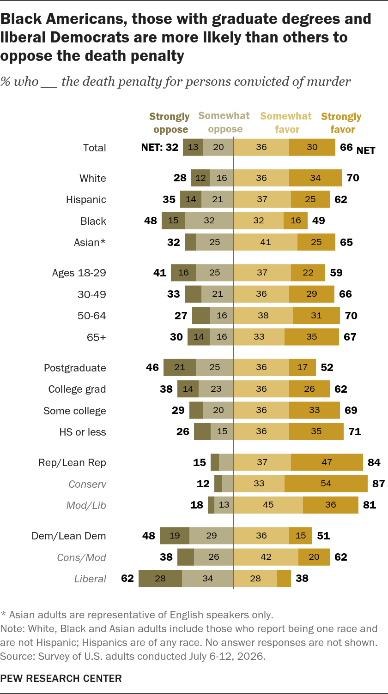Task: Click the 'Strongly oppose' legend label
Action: pyautogui.click(x=170, y=123)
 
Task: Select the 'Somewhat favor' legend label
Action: pyautogui.click(x=286, y=123)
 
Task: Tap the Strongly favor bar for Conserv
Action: pyautogui.click(x=326, y=483)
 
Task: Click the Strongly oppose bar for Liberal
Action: pyautogui.click(x=160, y=578)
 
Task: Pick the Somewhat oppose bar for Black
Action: pyautogui.click(x=209, y=221)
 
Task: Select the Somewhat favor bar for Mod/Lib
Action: pyautogui.click(x=268, y=505)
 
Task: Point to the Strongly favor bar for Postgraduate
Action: pyautogui.click(x=303, y=367)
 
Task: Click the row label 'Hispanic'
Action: pyautogui.click(x=86, y=199)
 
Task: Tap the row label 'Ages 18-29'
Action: pyautogui.click(x=79, y=273)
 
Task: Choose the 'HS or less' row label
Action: pyautogui.click(x=83, y=432)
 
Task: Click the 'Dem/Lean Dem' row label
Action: pyautogui.click(x=69, y=536)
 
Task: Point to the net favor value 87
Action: pyautogui.click(x=378, y=484)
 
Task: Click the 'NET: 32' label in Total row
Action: pyautogui.click(x=160, y=147)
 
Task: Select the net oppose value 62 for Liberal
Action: pyautogui.click(x=127, y=578)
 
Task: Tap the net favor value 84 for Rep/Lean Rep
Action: pyautogui.click(x=374, y=462)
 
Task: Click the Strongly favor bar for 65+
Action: pyautogui.click(x=312, y=337)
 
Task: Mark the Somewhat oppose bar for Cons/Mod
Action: pyautogui.click(x=214, y=557)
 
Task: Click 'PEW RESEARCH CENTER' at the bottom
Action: pyautogui.click(x=61, y=678)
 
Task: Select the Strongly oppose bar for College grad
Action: pyautogui.click(x=188, y=389)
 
